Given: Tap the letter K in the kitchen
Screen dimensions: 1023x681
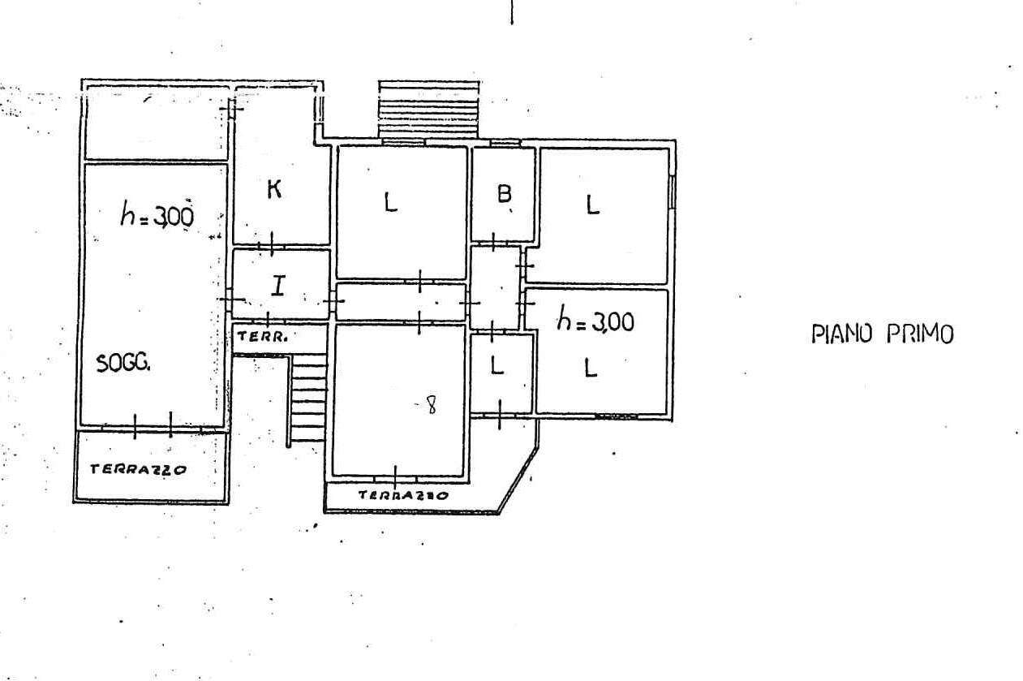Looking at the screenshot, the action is (274, 189).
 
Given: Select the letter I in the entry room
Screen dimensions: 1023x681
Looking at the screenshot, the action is (278, 286).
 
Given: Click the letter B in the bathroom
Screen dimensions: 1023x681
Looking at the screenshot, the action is (504, 194).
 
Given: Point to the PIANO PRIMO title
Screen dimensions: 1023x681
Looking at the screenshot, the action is (883, 334).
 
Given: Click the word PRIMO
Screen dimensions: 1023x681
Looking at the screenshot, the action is (920, 334).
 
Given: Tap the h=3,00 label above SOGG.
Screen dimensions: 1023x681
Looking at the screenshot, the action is (157, 214).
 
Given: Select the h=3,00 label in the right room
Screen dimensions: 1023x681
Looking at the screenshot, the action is (595, 318).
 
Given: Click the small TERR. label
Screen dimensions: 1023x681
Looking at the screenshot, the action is (263, 337).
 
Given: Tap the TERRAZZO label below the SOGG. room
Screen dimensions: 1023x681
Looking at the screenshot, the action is (138, 469).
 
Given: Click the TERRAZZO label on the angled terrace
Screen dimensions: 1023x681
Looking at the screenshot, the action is (403, 495).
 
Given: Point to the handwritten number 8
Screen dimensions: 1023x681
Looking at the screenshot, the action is (431, 404).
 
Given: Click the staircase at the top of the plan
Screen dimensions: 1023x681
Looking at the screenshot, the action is (429, 109).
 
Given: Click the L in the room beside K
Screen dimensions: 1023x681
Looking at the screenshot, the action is (390, 201).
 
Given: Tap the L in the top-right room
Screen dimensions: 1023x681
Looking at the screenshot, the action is (592, 205).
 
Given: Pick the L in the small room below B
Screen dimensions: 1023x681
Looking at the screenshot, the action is (496, 365).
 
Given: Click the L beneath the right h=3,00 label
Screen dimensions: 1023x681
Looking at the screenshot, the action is (591, 368).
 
